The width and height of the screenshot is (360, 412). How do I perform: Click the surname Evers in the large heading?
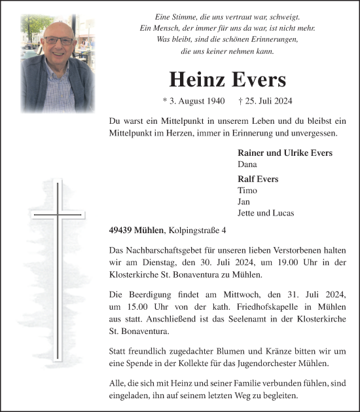pos(257,80)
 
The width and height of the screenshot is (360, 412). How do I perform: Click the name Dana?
pos(247,164)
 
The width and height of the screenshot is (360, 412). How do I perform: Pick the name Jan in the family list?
pos(245,201)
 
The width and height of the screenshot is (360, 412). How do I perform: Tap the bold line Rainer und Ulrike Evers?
pos(285,153)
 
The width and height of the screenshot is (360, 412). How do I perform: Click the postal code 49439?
pos(120,230)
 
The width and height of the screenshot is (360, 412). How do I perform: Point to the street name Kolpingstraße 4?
pos(198,230)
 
